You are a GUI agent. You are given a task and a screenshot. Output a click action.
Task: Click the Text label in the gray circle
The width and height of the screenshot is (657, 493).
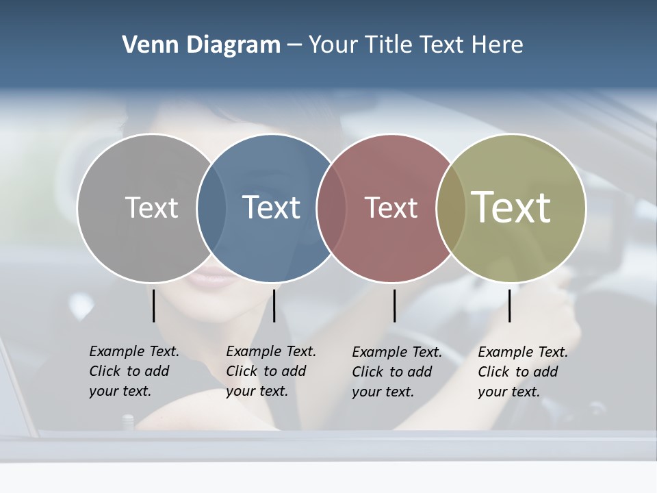click(x=151, y=207)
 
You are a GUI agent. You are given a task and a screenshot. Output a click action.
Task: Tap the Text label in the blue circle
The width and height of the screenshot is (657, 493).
click(x=272, y=207)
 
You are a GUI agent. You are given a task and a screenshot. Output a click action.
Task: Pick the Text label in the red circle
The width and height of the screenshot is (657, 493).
click(x=391, y=207)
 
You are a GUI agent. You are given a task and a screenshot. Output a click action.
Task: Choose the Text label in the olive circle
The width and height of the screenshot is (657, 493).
click(x=511, y=207)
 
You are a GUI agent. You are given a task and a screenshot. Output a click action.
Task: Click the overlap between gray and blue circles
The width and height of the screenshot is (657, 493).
click(x=211, y=208)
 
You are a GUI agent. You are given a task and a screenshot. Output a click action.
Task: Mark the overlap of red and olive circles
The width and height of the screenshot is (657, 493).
click(x=451, y=208)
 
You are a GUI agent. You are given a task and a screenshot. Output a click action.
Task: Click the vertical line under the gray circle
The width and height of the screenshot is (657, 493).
click(x=153, y=305)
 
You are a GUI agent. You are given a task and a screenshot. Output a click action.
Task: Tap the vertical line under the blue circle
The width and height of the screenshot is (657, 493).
click(x=274, y=305)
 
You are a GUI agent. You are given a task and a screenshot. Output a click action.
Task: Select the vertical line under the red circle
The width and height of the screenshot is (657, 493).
click(x=394, y=305)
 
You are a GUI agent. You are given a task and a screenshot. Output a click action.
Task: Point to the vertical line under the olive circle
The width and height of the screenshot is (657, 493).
click(x=509, y=305)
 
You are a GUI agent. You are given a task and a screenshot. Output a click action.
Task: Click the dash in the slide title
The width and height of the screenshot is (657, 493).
click(x=294, y=45)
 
